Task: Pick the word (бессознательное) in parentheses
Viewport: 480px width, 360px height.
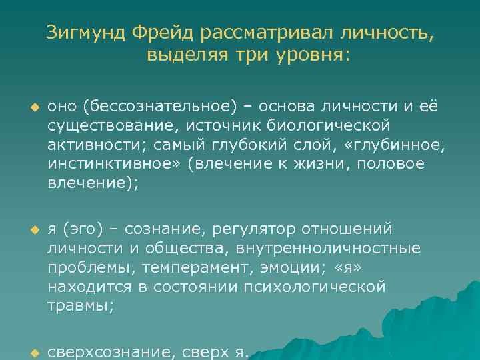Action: [142, 107]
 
